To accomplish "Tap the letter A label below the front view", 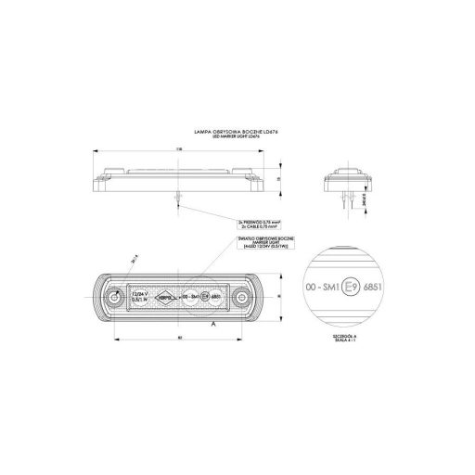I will [x=214, y=326].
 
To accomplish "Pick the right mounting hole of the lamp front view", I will [x=243, y=300].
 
